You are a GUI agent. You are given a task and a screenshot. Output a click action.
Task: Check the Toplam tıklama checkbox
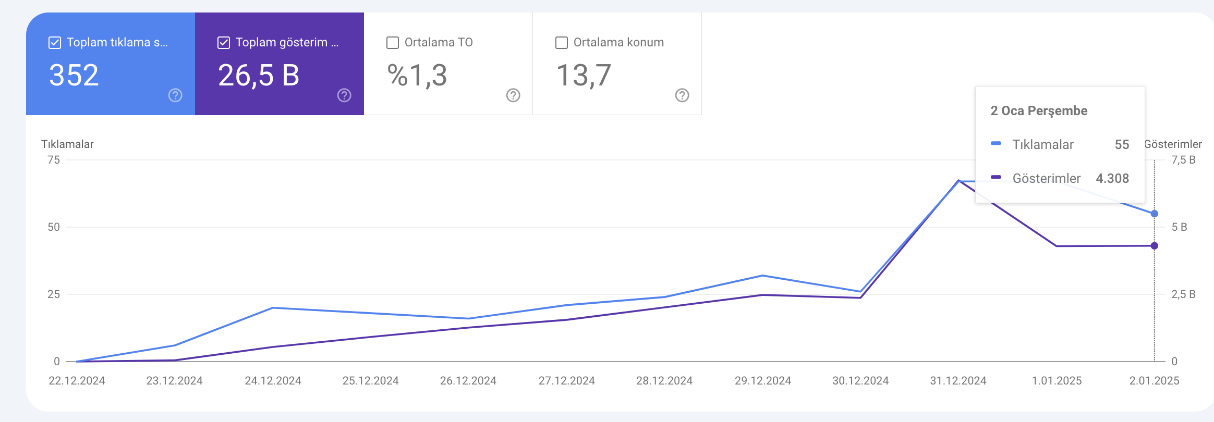[55, 43]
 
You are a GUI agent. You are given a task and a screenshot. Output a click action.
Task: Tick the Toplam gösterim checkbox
[224, 43]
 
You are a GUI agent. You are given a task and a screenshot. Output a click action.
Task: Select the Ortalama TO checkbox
[393, 43]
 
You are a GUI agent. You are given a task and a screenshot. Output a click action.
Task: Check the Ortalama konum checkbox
[562, 43]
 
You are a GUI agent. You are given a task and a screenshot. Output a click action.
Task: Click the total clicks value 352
[74, 75]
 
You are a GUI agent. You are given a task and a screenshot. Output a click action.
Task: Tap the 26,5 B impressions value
[259, 76]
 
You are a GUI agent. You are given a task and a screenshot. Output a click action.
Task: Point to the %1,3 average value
[417, 76]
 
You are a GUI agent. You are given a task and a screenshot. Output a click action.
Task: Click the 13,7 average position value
[584, 76]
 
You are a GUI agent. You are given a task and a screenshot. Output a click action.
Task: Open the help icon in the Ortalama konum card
[682, 95]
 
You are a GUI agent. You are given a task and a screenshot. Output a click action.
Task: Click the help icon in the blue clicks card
[175, 95]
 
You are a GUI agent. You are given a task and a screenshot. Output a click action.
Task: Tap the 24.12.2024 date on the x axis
[273, 381]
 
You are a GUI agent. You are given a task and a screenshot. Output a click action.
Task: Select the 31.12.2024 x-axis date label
[958, 381]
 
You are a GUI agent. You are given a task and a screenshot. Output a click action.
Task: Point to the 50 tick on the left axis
[54, 227]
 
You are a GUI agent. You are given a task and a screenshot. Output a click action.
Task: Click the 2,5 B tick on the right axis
[1183, 294]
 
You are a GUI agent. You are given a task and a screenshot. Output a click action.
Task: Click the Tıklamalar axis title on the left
[67, 144]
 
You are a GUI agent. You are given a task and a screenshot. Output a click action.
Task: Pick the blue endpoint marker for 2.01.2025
[1155, 214]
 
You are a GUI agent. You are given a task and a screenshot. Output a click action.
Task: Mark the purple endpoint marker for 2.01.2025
[1155, 246]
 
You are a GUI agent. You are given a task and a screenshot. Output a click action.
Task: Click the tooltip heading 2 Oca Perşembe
[1039, 111]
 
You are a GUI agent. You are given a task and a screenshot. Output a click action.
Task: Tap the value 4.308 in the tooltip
[1112, 179]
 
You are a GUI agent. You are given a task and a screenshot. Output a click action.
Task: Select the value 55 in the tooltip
[1122, 145]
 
